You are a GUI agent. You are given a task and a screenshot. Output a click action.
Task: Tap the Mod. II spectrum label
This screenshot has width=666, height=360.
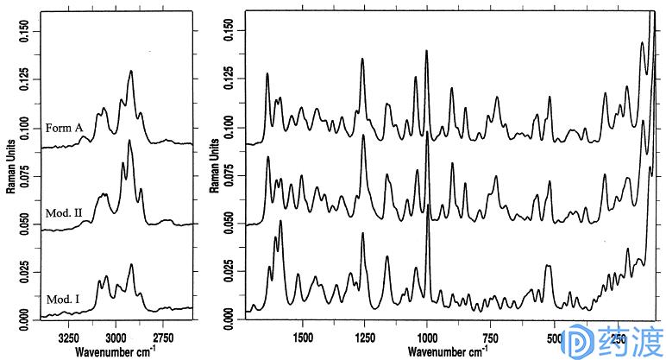tap(63, 212)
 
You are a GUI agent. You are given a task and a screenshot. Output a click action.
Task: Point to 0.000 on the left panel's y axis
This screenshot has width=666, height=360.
tap(23, 320)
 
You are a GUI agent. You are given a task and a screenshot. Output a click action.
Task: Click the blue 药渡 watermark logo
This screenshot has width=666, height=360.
tap(612, 342)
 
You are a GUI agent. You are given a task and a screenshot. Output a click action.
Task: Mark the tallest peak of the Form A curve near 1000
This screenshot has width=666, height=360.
tap(427, 51)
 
